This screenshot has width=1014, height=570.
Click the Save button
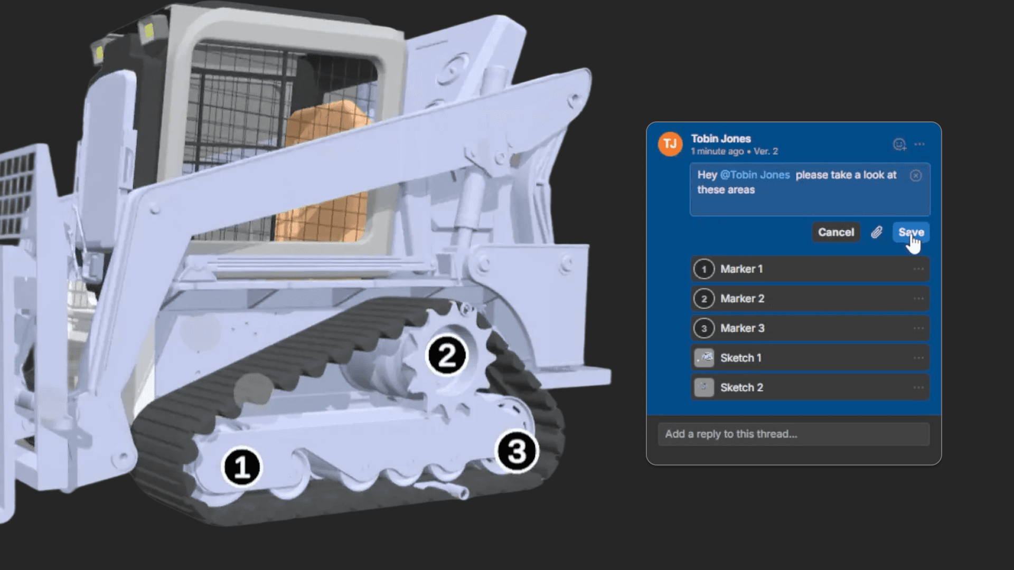pyautogui.click(x=911, y=232)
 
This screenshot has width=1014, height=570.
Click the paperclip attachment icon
pyautogui.click(x=877, y=232)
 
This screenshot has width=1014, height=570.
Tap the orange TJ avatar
pyautogui.click(x=670, y=144)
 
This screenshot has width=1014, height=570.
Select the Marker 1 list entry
pyautogui.click(x=810, y=269)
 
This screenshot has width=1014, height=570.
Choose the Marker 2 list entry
pyautogui.click(x=810, y=299)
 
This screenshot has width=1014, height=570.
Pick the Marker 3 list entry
pyautogui.click(x=810, y=328)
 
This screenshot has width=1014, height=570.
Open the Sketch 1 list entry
pyautogui.click(x=810, y=358)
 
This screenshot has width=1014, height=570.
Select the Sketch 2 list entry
pyautogui.click(x=810, y=387)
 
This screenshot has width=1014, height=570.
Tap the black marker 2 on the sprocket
pyautogui.click(x=447, y=355)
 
